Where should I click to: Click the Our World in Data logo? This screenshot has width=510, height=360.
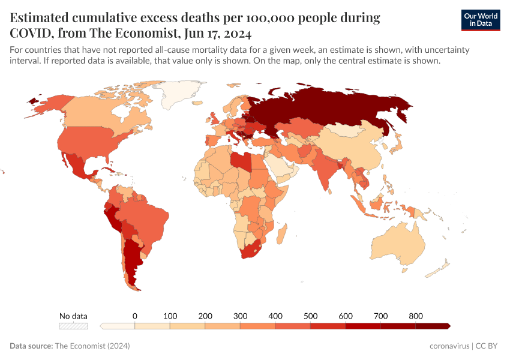click(480, 20)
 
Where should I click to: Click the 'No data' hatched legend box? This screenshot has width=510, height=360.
click(73, 326)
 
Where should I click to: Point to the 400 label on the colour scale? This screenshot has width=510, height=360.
click(275, 316)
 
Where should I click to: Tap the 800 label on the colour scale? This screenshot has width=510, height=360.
click(416, 316)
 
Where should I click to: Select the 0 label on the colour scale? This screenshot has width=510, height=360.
click(135, 316)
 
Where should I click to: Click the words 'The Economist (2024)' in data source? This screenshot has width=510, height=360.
click(92, 346)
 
